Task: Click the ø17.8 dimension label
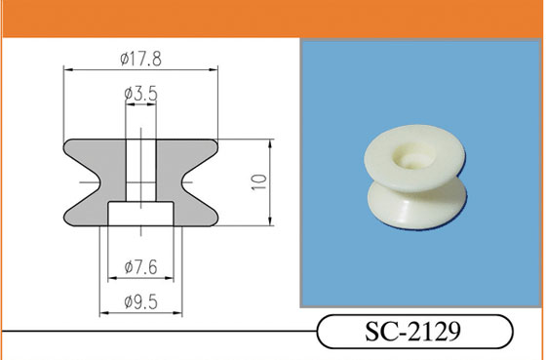[x=141, y=59]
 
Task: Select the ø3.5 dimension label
[x=141, y=94]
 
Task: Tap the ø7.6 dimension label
[x=141, y=267]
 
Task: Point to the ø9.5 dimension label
[x=141, y=301]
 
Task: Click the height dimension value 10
[x=259, y=181]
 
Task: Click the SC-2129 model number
[x=413, y=332]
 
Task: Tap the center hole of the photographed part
[x=413, y=159]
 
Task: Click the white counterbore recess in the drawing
[x=140, y=214]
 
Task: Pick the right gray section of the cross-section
[x=187, y=182]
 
